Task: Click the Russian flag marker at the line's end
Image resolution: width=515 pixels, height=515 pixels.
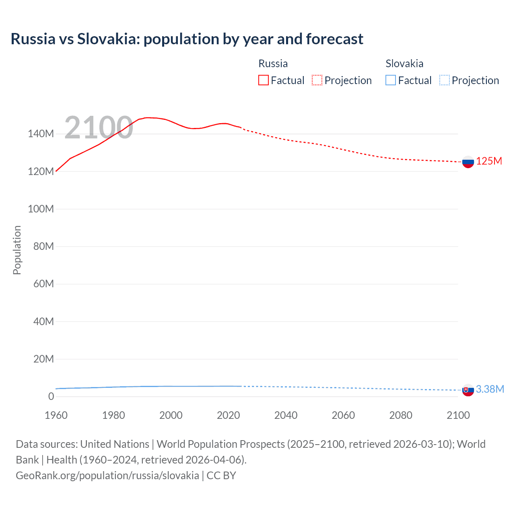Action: (468, 162)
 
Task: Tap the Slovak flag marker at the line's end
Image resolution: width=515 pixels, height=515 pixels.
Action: (468, 390)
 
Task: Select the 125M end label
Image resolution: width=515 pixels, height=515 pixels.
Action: (489, 161)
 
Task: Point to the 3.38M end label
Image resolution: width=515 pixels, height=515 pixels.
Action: (490, 389)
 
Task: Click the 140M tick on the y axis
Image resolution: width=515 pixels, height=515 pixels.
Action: (41, 134)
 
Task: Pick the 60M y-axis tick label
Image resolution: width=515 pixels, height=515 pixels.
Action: (43, 284)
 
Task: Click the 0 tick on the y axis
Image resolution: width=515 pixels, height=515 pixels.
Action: (51, 396)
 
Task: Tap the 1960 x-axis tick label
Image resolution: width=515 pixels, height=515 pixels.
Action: (56, 415)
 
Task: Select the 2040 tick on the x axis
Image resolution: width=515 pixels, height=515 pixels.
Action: (286, 415)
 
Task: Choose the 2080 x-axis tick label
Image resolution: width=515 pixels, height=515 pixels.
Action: (401, 415)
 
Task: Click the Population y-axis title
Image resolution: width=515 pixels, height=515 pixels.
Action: (17, 250)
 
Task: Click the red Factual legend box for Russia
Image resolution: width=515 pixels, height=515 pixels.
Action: (263, 80)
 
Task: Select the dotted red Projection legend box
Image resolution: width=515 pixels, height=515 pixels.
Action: (317, 80)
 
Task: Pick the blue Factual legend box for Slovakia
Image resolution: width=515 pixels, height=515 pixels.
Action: (390, 80)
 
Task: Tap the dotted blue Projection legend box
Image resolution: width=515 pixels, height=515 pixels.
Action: (444, 80)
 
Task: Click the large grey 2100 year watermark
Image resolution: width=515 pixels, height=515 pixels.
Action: (99, 128)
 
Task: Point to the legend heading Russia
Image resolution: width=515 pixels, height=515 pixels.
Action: (273, 64)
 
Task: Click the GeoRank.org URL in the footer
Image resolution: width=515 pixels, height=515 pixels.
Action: (107, 476)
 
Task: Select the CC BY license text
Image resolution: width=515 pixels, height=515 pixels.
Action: (221, 476)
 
